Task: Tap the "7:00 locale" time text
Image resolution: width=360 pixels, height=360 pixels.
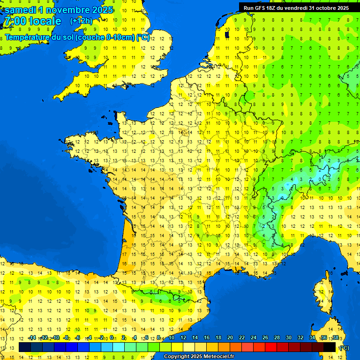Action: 32,21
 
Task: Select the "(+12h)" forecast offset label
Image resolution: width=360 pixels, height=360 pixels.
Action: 81,21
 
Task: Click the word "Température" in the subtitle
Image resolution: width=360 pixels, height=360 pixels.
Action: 29,37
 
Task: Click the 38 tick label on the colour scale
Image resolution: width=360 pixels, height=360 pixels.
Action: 336,338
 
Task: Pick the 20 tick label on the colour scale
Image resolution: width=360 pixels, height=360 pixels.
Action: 230,338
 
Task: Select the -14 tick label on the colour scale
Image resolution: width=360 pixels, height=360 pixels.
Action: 32,338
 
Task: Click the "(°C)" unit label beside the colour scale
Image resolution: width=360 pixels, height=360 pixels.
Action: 344,347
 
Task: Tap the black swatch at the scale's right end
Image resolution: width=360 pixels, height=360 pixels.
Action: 330,347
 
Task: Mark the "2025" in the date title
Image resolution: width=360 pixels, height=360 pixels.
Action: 102,10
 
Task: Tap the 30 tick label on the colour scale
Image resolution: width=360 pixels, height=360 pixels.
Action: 288,338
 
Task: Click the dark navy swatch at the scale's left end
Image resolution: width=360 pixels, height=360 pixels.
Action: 25,347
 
